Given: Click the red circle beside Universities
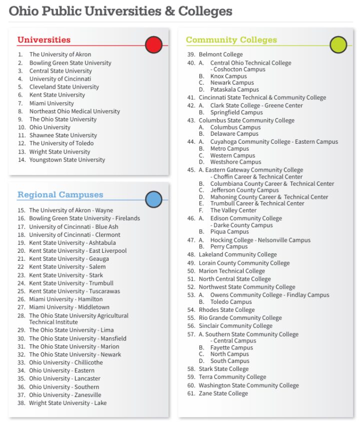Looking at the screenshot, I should (x=153, y=45).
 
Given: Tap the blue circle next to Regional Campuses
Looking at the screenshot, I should (x=153, y=200).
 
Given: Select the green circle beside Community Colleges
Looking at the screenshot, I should (x=338, y=45).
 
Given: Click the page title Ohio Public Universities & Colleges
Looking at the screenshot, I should (x=120, y=11).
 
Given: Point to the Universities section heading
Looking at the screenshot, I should (x=44, y=40).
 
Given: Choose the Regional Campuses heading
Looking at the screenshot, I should (x=60, y=195).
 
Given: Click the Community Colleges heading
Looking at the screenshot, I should (x=231, y=40).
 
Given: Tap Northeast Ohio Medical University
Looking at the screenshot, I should (x=74, y=111).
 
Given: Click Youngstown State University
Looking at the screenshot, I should (x=67, y=160).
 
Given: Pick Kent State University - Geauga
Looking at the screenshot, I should (x=69, y=259).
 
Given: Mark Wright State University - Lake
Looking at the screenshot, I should (x=67, y=403).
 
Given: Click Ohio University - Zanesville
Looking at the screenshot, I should (x=65, y=395).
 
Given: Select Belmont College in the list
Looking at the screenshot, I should (x=220, y=54).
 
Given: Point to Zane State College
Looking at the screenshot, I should (x=223, y=393).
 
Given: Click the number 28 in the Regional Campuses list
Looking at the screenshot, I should (x=21, y=316).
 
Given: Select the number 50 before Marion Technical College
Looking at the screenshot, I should (x=191, y=271).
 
